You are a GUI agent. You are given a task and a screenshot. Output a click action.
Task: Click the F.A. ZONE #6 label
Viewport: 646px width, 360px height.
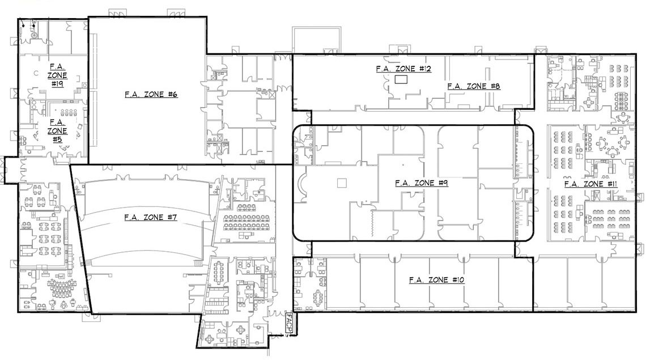pos(151,95)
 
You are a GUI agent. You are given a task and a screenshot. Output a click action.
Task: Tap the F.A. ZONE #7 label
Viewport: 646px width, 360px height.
pos(151,217)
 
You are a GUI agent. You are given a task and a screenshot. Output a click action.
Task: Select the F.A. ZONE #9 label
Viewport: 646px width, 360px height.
pos(422,183)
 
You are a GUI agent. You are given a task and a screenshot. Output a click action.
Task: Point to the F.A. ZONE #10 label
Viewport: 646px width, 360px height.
pos(437,280)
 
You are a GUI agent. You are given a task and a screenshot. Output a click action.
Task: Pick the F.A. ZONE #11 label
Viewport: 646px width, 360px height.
pos(591,184)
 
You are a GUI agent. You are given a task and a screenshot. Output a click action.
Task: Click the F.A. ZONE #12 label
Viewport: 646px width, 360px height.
pos(403,69)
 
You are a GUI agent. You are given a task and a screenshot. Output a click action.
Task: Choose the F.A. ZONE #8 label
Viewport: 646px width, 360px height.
pos(474,86)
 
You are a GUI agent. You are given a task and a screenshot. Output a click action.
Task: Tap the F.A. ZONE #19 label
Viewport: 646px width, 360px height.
pos(57,75)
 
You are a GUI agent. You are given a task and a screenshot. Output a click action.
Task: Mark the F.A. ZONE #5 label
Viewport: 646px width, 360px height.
pos(57,131)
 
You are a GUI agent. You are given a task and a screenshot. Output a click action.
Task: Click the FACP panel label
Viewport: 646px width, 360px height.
pos(289,323)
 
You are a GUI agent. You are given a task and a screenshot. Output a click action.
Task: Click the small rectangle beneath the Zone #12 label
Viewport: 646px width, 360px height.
pos(401,79)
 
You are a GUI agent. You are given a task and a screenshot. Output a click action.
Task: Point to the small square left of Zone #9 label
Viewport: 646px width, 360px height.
pos(342,183)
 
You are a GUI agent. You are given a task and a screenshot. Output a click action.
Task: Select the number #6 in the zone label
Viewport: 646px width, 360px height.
pos(173,95)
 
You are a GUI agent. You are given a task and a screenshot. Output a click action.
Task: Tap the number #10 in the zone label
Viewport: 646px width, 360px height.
pos(458,280)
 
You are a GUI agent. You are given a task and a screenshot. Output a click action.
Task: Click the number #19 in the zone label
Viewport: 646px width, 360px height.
pos(57,84)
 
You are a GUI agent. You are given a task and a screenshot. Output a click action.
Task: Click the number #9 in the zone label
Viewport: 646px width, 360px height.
pos(443,183)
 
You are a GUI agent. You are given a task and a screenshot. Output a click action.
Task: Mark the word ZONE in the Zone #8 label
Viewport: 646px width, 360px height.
pos(476,86)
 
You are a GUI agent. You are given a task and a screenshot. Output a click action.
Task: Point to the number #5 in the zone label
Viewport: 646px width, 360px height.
pos(57,140)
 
